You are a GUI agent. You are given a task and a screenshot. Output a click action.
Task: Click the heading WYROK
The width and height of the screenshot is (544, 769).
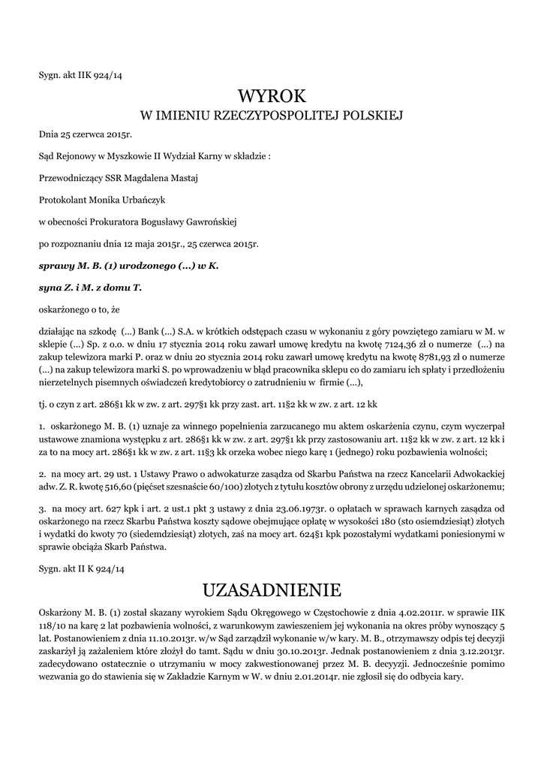click(272, 95)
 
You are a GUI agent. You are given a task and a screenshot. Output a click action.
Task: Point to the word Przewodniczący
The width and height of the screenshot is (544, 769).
click(69, 178)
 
